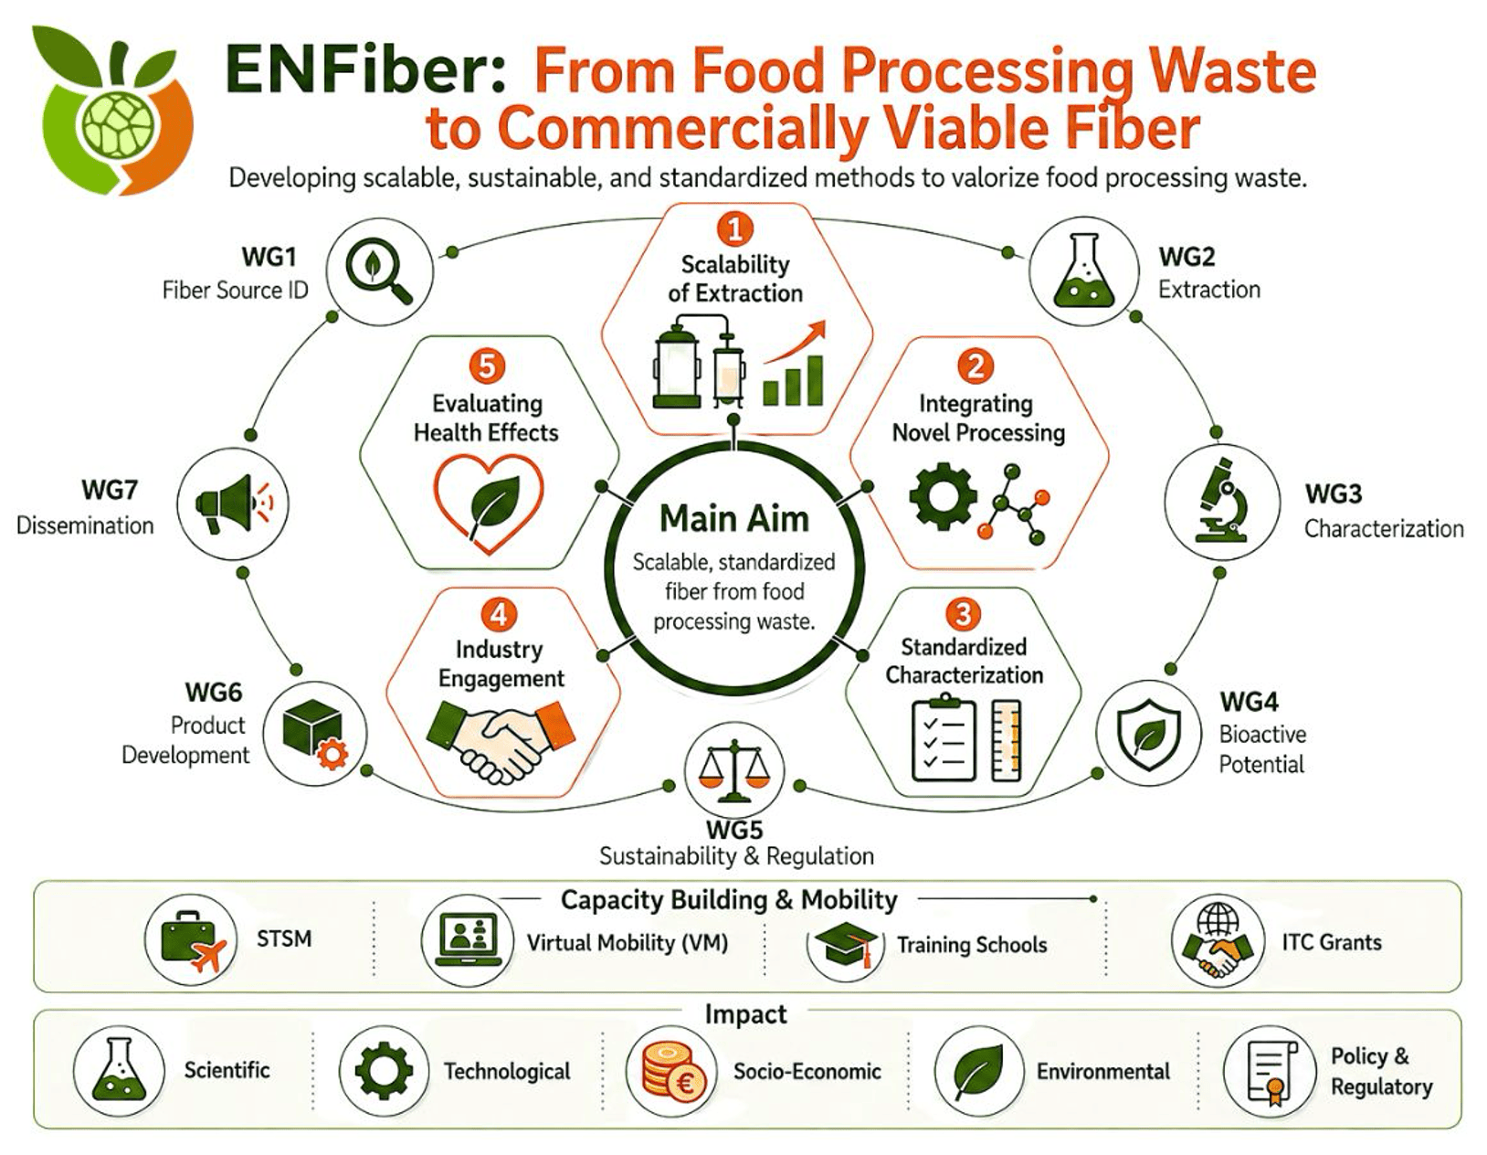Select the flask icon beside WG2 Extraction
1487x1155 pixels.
click(x=1084, y=270)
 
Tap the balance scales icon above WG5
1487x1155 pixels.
click(x=733, y=769)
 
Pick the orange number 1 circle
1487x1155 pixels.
click(x=735, y=229)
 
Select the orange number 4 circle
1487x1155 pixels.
click(x=499, y=614)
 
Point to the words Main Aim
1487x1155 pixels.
click(x=734, y=519)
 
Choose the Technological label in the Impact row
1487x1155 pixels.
click(x=507, y=1072)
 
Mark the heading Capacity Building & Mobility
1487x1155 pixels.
click(x=729, y=900)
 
